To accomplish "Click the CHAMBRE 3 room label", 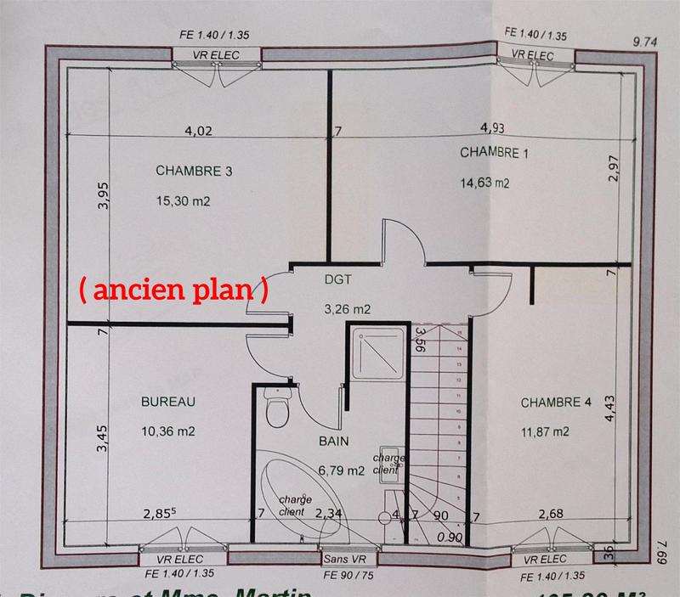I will [x=194, y=171].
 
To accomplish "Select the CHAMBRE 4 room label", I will [x=555, y=403].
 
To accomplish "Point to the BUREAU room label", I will [x=169, y=402].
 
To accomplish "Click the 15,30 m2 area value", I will [x=183, y=201].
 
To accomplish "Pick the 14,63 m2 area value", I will [x=484, y=183].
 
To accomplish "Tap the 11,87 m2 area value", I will [x=545, y=431].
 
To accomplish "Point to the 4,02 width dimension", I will [x=198, y=131].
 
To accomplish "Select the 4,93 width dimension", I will [x=497, y=127].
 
